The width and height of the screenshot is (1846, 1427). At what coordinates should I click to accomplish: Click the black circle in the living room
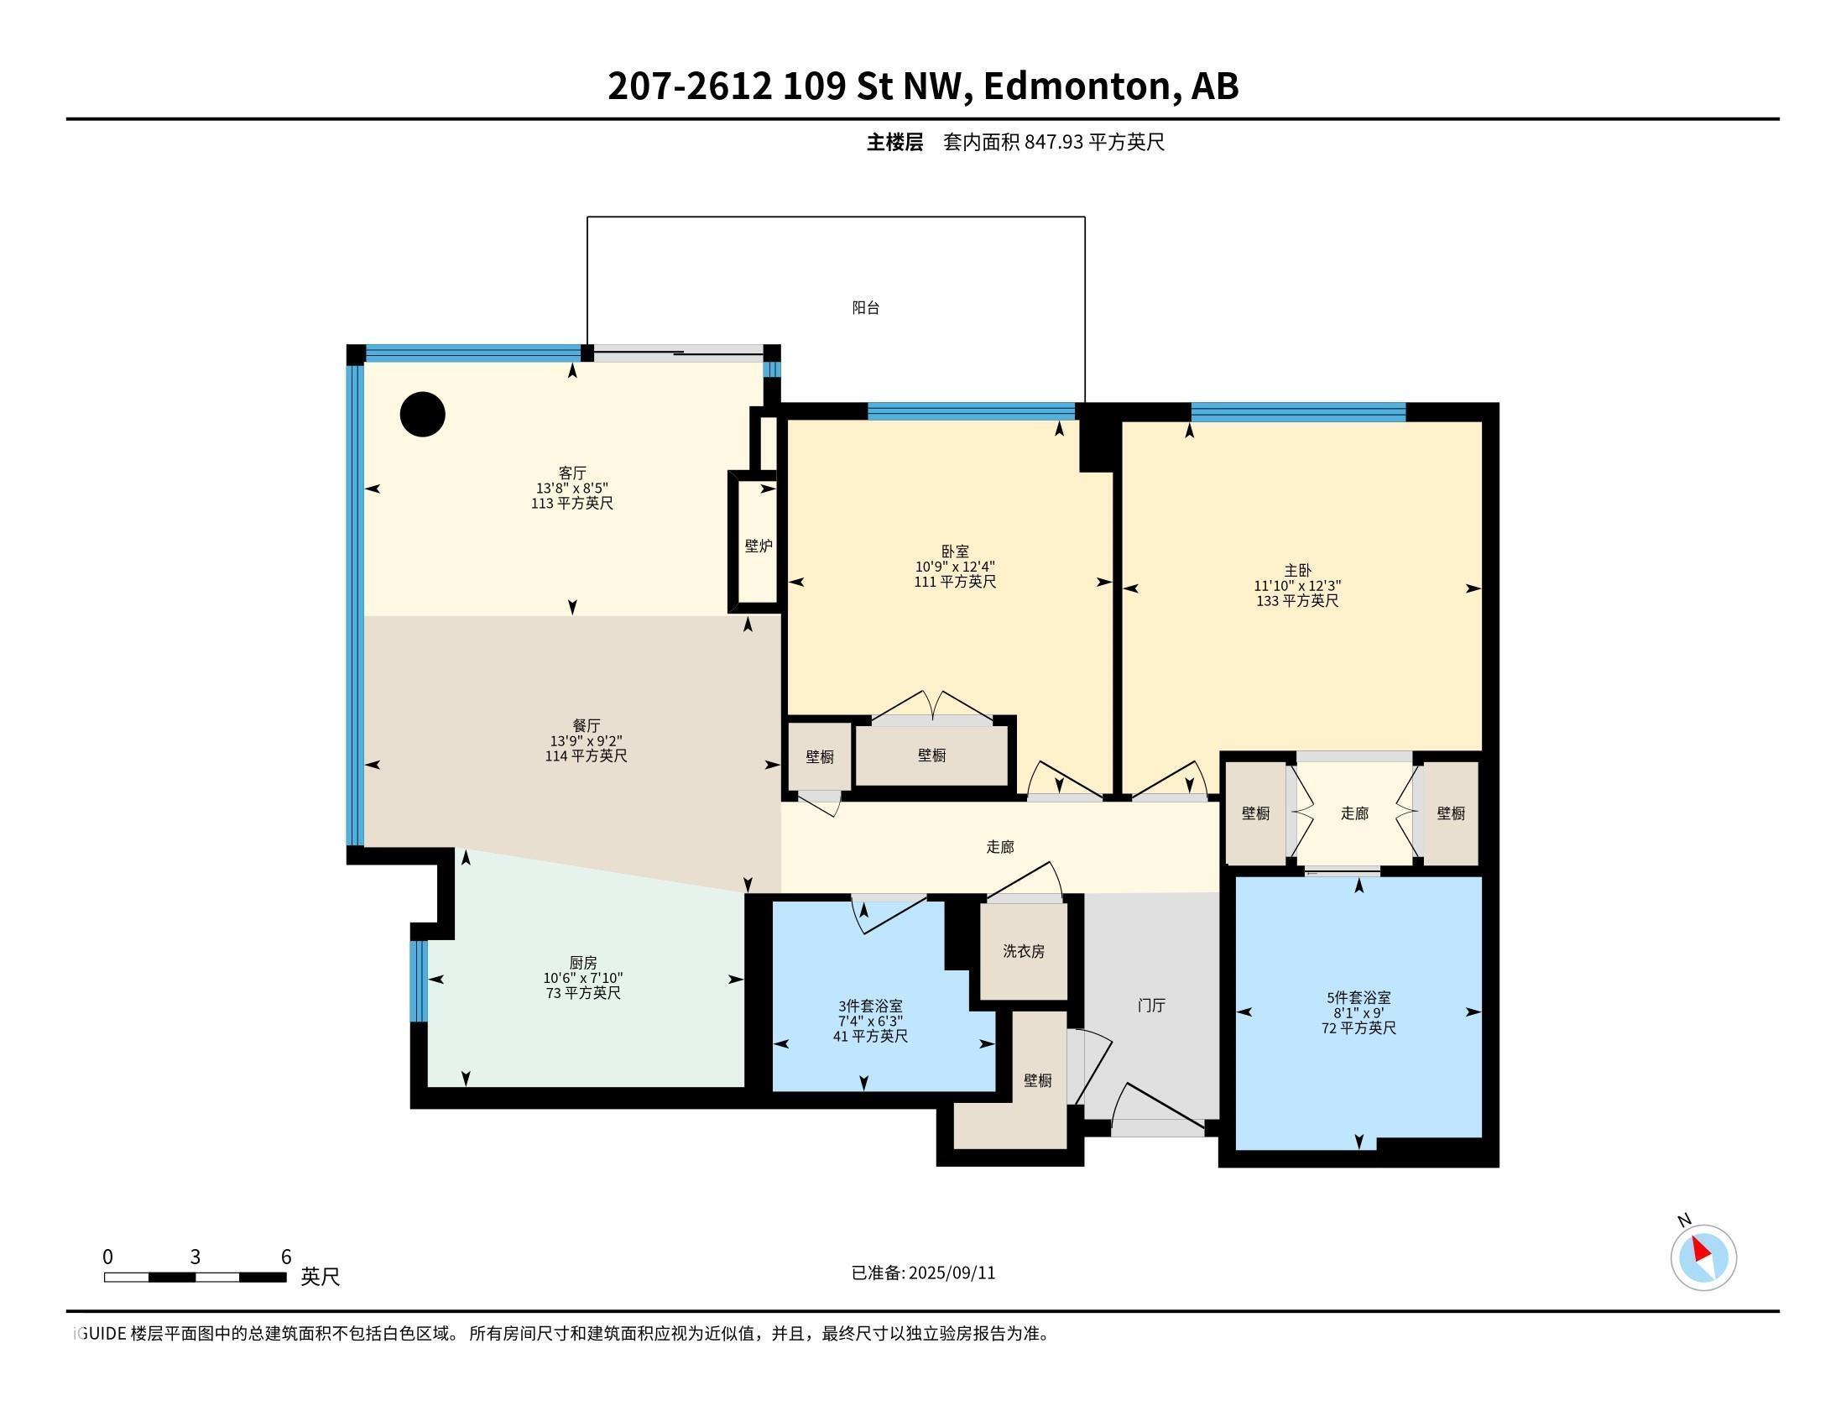[x=423, y=414]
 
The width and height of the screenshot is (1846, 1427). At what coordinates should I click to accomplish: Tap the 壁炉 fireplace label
[x=759, y=546]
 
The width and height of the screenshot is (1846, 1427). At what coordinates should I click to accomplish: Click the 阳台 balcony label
[x=866, y=308]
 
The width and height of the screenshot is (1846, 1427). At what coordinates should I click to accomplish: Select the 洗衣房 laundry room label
[x=1024, y=951]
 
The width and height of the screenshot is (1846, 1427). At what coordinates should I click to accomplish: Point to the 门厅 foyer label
[x=1151, y=1005]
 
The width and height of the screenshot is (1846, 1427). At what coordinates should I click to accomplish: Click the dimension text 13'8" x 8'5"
[x=572, y=488]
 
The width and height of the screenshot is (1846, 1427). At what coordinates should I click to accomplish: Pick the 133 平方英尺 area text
[x=1297, y=601]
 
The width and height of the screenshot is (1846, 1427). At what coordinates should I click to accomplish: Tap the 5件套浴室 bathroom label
[x=1358, y=997]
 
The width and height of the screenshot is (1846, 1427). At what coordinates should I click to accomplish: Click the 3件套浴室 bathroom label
[x=870, y=1006]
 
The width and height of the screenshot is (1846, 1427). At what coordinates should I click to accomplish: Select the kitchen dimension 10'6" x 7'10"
[x=583, y=978]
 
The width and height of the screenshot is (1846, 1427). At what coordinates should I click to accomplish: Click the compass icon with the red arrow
[x=1703, y=1257]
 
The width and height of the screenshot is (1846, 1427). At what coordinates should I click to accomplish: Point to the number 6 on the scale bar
[x=285, y=1257]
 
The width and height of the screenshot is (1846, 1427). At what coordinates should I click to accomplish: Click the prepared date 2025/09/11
[x=952, y=1273]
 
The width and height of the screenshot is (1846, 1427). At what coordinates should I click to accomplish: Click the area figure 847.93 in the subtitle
[x=1053, y=142]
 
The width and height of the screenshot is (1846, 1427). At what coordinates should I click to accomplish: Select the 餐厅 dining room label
[x=587, y=725]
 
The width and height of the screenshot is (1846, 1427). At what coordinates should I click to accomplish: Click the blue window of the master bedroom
[x=1298, y=412]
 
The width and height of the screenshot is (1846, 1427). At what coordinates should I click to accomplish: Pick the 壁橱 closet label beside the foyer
[x=1038, y=1080]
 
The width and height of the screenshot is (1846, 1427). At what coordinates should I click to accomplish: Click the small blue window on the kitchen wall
[x=419, y=980]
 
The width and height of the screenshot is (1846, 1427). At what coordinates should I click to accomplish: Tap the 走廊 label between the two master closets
[x=1354, y=813]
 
